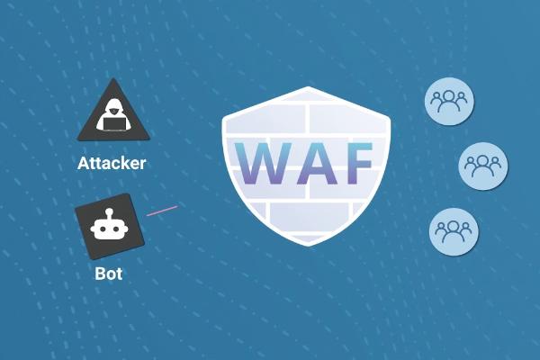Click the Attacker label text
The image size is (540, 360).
click(112, 164)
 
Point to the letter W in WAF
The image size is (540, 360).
click(261, 163)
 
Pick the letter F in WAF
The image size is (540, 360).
click(355, 163)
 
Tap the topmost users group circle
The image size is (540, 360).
click(449, 101)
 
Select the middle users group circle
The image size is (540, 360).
click(483, 165)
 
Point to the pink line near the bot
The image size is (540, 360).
click(162, 211)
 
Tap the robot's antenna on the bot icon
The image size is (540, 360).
click(110, 213)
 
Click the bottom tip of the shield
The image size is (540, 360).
click(309, 243)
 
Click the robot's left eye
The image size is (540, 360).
click(103, 229)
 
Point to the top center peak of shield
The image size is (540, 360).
click(309, 88)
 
